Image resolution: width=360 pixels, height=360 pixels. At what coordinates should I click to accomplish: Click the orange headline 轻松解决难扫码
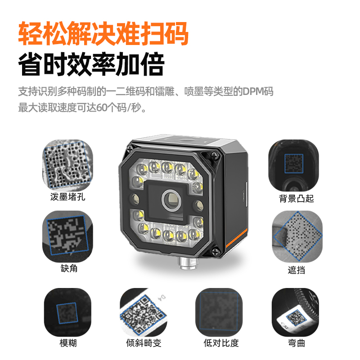[x=103, y=33]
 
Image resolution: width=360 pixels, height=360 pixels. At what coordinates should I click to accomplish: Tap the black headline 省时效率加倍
[x=91, y=64]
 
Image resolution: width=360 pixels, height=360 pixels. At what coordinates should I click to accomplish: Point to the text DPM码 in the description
[x=258, y=91]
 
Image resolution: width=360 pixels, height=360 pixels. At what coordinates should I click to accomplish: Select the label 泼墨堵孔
[x=68, y=197]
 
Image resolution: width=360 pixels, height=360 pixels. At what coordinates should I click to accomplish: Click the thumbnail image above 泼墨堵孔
[x=68, y=165]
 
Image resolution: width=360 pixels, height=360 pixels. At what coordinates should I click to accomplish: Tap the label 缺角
[x=69, y=268]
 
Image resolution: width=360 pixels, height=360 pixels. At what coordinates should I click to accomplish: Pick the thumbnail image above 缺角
[x=68, y=236]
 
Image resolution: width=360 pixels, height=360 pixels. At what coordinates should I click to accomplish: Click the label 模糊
[x=68, y=343]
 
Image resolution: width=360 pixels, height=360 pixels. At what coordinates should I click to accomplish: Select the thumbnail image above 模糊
[x=68, y=312]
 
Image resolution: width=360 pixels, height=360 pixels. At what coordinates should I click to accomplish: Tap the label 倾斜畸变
[x=144, y=343]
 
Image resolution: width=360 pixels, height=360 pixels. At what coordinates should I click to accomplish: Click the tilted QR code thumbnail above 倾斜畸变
[x=144, y=312]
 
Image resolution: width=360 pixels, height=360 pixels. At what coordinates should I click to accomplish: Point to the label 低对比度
[x=221, y=343]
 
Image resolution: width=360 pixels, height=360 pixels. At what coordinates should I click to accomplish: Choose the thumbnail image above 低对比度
[x=219, y=312]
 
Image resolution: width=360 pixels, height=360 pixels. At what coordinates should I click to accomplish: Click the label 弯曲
[x=297, y=343]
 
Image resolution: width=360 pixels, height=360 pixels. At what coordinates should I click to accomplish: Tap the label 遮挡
[x=297, y=270]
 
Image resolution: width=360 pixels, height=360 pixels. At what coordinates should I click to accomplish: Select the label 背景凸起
[x=297, y=198]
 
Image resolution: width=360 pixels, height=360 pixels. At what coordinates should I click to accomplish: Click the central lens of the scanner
[x=171, y=200]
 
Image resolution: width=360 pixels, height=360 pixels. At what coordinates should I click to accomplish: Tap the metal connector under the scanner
[x=188, y=263]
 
